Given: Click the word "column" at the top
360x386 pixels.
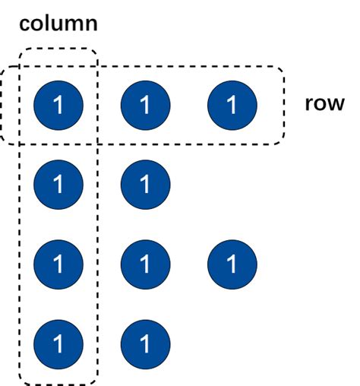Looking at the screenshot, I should coord(58,23).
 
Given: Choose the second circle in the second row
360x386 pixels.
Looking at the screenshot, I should coord(145,185).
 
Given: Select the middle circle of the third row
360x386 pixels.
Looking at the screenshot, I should coord(145,264).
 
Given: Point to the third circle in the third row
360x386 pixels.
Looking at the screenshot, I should coord(232,264).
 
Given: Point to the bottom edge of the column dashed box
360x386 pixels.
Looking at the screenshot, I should coord(58,384).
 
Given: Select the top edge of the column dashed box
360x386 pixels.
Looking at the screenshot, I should coord(58,49).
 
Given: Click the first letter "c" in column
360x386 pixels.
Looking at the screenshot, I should coord(25,24).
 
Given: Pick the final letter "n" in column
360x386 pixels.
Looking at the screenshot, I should coord(91,24).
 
